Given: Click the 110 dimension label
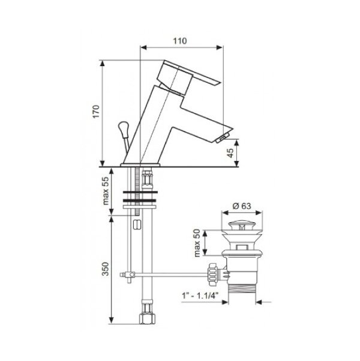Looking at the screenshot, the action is [x=180, y=41].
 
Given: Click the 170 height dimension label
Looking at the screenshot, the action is [x=96, y=112].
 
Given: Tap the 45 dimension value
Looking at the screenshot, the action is [x=230, y=153].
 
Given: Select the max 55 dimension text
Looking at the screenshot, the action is [x=105, y=191].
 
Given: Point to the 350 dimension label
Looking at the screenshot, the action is [x=105, y=269].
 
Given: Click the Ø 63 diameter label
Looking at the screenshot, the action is [x=242, y=206].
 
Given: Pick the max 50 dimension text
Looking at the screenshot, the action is [x=197, y=243].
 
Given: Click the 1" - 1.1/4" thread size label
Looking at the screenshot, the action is [x=200, y=296].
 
